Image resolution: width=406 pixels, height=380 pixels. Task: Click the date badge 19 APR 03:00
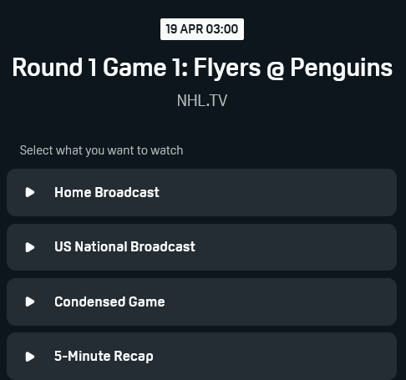(x=202, y=29)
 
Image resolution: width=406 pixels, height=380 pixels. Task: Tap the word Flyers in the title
(x=227, y=68)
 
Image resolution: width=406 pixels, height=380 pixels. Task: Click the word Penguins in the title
(x=342, y=68)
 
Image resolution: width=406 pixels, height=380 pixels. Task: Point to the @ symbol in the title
(x=276, y=70)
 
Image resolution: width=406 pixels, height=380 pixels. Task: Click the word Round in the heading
(x=48, y=67)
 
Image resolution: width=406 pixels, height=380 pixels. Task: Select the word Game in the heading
(x=134, y=67)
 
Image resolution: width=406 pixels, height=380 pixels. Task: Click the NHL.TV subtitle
(x=202, y=100)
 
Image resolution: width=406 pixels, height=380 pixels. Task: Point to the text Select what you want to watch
(x=101, y=150)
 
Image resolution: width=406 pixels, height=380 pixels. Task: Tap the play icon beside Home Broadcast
(x=30, y=192)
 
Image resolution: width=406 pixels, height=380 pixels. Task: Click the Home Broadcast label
(x=107, y=192)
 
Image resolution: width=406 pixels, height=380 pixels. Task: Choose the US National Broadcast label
(x=124, y=246)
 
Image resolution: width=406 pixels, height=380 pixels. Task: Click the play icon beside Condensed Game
(x=30, y=301)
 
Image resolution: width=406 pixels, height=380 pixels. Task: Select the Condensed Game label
(x=109, y=301)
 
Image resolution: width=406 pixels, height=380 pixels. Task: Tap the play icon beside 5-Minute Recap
(x=30, y=357)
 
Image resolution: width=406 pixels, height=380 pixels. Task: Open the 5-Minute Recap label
(x=104, y=357)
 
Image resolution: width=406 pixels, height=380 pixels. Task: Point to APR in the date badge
(x=191, y=29)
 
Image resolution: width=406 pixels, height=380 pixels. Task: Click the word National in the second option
(x=101, y=246)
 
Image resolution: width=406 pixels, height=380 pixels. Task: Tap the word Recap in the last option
(x=134, y=357)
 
